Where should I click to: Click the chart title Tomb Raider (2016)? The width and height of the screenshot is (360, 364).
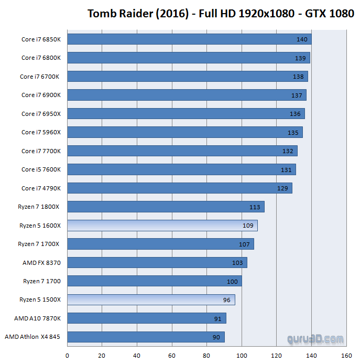coord(221,13)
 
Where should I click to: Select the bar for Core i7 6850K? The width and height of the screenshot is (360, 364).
coord(189,39)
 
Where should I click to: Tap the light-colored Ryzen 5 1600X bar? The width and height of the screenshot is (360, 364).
coord(162,226)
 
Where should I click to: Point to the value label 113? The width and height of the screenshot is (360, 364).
coord(255,207)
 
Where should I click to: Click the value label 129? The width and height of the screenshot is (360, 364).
coord(282,188)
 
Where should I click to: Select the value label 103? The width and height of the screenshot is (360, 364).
coord(237,263)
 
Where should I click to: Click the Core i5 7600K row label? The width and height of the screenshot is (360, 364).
coord(41,169)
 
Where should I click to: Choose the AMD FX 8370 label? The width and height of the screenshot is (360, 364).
coord(41,263)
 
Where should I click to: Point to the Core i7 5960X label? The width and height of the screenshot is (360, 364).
coord(41,132)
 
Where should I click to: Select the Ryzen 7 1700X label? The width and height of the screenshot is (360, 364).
coord(39,244)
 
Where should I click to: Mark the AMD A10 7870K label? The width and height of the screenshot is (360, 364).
coord(38,318)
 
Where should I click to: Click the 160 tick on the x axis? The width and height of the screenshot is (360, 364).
coord(346,356)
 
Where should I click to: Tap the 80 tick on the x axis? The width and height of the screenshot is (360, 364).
coord(206,356)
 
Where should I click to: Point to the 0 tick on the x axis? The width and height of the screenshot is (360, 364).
coord(67,356)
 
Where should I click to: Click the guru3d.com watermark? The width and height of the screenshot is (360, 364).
coord(315,339)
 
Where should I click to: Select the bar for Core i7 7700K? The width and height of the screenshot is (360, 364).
coord(182,151)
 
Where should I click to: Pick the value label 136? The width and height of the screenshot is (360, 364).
coord(295,114)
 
